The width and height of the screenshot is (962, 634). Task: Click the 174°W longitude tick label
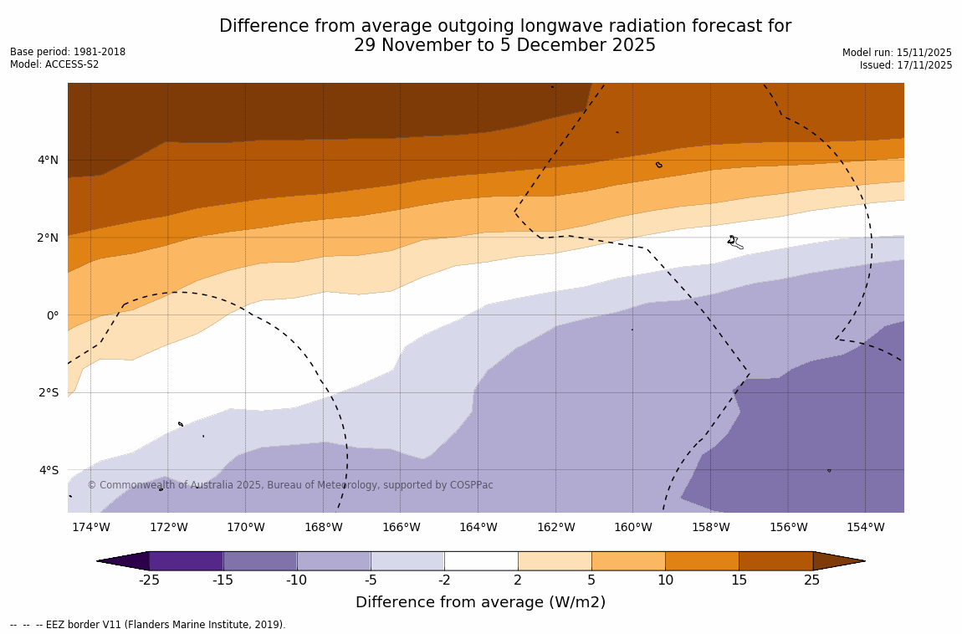pos(90,527)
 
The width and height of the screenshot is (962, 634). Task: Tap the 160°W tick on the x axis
pos(632,527)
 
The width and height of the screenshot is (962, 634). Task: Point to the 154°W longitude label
pos(865,527)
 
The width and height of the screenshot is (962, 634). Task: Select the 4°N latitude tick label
pos(47,160)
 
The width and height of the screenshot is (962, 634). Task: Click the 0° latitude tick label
pos(52,315)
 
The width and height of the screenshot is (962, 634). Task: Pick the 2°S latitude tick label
pos(48,392)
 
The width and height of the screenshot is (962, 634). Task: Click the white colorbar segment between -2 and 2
pos(481,560)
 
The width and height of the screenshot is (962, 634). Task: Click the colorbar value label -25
pos(149,580)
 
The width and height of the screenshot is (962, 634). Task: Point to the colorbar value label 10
pos(665,580)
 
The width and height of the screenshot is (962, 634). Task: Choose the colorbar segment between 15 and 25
pos(775,560)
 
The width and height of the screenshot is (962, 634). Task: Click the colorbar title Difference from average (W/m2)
pos(480,602)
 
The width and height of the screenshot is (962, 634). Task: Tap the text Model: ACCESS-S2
pos(54,64)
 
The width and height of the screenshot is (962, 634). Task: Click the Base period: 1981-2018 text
pos(68,52)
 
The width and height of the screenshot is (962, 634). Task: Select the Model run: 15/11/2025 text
pos(897,53)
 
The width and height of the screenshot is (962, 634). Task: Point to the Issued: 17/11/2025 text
pos(906,65)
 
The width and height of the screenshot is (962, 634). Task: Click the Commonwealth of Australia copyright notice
pos(290,485)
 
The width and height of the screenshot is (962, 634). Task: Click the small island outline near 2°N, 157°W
pos(734,242)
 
